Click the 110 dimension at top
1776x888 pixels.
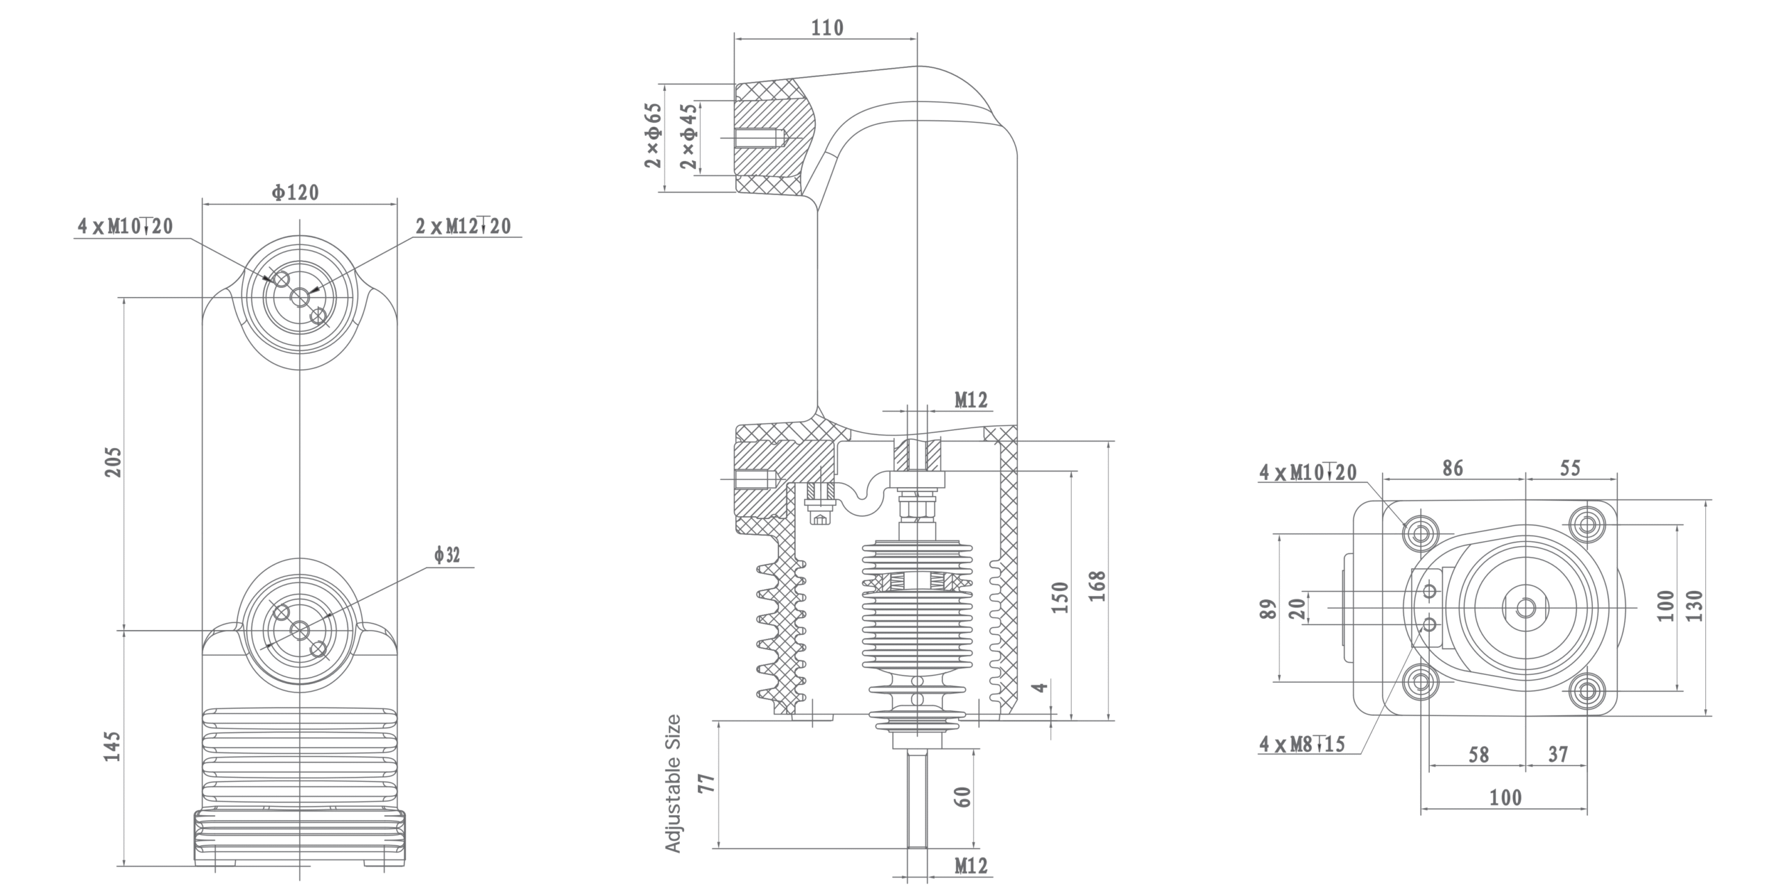tap(827, 28)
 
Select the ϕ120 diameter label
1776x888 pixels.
tap(296, 192)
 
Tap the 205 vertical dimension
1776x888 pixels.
tap(113, 461)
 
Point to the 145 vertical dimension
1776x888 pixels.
tap(113, 746)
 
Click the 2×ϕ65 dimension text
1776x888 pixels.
tap(653, 136)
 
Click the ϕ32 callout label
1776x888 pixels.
tap(447, 555)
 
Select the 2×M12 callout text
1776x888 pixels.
tap(463, 226)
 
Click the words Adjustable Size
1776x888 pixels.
tap(673, 783)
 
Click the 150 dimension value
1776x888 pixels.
tap(1061, 597)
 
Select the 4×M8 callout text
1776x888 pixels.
tap(1302, 744)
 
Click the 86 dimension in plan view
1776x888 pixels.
tap(1452, 468)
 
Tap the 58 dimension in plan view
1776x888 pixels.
tap(1478, 755)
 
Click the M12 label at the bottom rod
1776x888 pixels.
tap(971, 866)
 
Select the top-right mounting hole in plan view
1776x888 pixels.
tap(1586, 522)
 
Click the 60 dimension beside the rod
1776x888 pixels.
tap(962, 796)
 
